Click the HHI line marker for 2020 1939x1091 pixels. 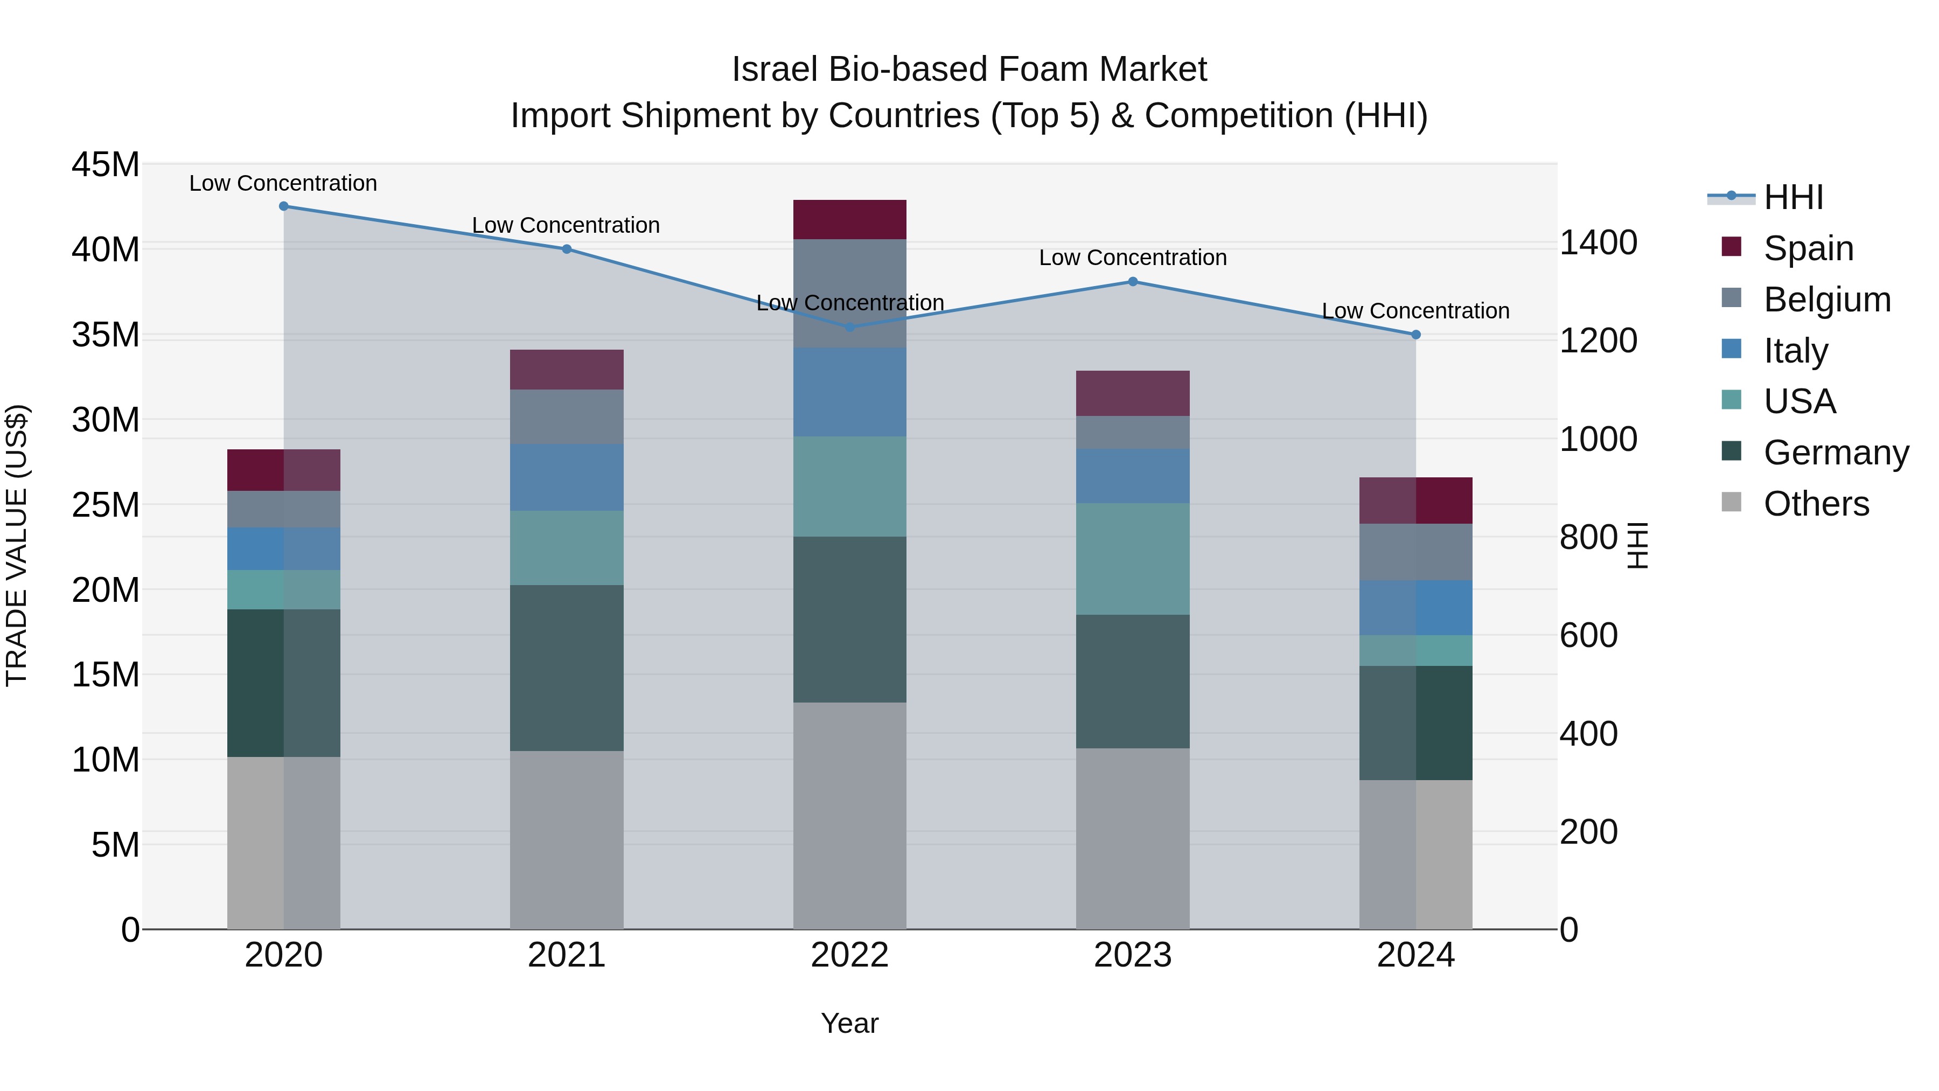pyautogui.click(x=284, y=206)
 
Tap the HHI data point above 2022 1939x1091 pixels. pyautogui.click(x=850, y=328)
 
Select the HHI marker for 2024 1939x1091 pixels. pyautogui.click(x=1416, y=334)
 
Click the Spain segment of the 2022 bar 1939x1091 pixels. pyautogui.click(x=850, y=220)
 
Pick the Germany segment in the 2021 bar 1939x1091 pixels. pyautogui.click(x=567, y=668)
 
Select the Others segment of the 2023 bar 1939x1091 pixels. pyautogui.click(x=1133, y=838)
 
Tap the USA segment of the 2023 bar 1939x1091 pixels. pyautogui.click(x=1133, y=559)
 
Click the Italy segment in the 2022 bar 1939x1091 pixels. pyautogui.click(x=850, y=392)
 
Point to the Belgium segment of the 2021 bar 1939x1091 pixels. pyautogui.click(x=567, y=416)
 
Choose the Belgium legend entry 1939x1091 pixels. pyautogui.click(x=1827, y=300)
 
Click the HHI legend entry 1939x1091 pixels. pyautogui.click(x=1793, y=197)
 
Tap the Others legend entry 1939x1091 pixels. pyautogui.click(x=1816, y=504)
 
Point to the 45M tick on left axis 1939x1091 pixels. pyautogui.click(x=106, y=165)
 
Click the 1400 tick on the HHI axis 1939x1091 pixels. pyautogui.click(x=1598, y=243)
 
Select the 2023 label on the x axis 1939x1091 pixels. pyautogui.click(x=1133, y=955)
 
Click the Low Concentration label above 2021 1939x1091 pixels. pyautogui.click(x=566, y=225)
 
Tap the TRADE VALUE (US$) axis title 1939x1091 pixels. pyautogui.click(x=17, y=545)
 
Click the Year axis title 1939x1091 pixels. pyautogui.click(x=850, y=1023)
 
